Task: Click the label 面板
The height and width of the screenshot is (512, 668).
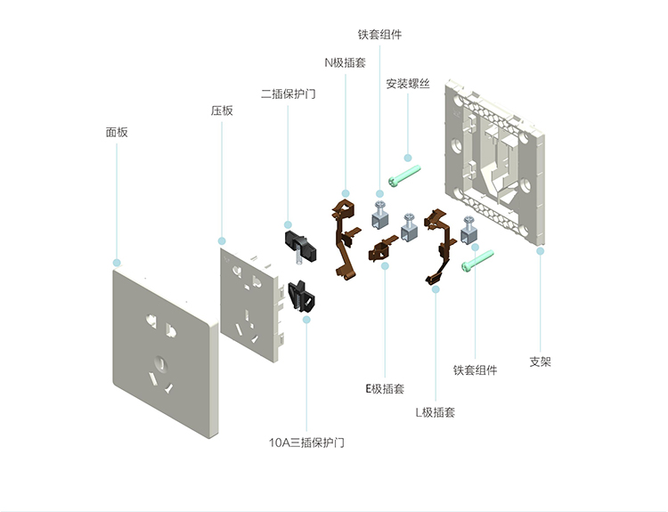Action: [x=117, y=132]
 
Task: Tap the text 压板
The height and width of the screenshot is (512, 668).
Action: [x=222, y=111]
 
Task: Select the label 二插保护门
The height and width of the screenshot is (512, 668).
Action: [x=289, y=93]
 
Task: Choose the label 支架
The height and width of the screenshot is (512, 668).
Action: [x=541, y=362]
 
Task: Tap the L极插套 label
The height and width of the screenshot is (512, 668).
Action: [x=436, y=412]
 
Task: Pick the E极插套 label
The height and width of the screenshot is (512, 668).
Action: [x=385, y=389]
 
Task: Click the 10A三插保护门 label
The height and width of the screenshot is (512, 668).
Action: [x=306, y=442]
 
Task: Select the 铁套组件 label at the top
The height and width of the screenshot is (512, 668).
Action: [x=379, y=35]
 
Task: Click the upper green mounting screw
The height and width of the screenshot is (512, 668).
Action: [x=403, y=175]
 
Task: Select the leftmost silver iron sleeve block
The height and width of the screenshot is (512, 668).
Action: [x=379, y=213]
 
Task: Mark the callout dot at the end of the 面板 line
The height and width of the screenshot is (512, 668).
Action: [x=117, y=263]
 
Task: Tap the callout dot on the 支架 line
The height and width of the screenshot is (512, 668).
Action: [x=540, y=251]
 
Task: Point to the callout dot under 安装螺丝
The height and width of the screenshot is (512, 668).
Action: [x=408, y=158]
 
